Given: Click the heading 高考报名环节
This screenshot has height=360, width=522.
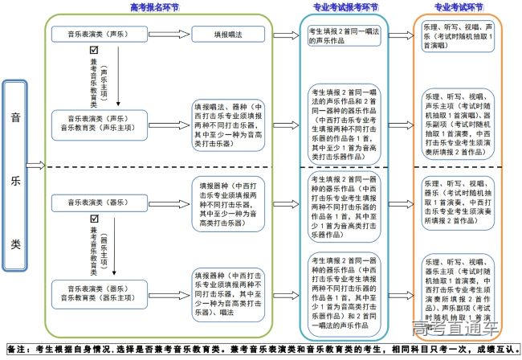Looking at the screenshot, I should coord(154,7).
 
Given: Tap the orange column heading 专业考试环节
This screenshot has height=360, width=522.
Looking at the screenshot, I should coord(459,7).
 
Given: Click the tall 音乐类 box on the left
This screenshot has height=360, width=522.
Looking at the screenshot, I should coord(15,166).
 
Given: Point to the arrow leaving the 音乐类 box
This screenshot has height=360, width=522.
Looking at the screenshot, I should coord(35,166).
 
